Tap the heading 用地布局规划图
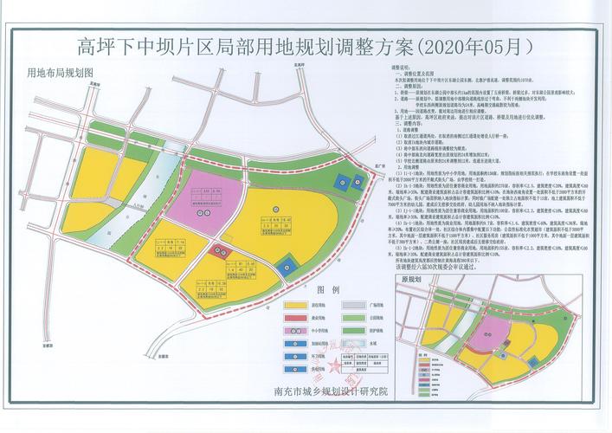pyautogui.click(x=60, y=74)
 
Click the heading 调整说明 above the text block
pyautogui.click(x=404, y=67)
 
